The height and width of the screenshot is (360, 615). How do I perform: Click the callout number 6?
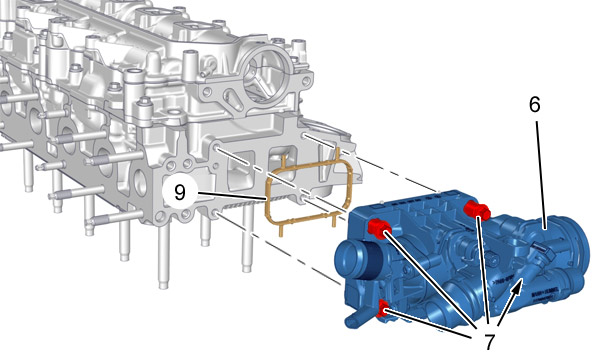[535, 105]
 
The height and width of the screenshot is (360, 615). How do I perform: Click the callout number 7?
[489, 341]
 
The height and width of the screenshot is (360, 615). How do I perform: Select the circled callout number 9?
[180, 193]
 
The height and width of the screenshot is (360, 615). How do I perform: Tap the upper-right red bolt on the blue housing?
[477, 209]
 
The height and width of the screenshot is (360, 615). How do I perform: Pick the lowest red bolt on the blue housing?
[382, 308]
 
